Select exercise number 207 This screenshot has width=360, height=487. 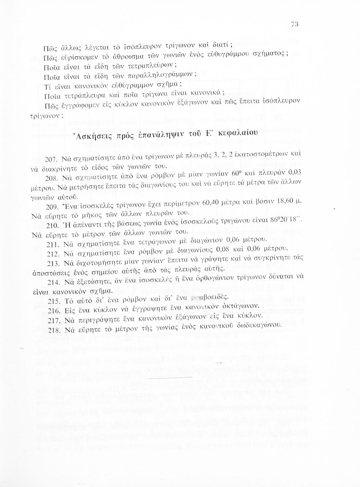point(51,160)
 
